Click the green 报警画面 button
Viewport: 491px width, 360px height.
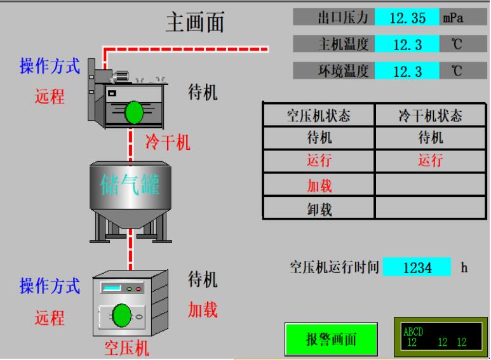[x=331, y=339]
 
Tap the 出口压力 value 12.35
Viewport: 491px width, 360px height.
[x=407, y=18]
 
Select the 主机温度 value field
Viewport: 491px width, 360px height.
[x=407, y=44]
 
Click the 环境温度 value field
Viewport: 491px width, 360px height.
[x=407, y=71]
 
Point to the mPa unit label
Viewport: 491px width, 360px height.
[x=453, y=18]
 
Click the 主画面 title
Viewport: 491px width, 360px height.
[x=195, y=22]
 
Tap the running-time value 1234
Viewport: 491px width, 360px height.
[x=417, y=267]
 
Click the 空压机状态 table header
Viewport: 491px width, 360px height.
[x=319, y=116]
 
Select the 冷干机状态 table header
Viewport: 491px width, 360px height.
[x=430, y=116]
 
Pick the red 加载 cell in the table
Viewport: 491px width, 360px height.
[x=319, y=185]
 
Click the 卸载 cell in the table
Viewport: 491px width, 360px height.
[x=319, y=209]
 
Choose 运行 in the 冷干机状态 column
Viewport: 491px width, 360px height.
[x=431, y=161]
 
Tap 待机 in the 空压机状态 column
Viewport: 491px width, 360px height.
[x=319, y=137]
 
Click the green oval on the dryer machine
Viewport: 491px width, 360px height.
[x=134, y=112]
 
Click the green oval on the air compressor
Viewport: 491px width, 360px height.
[x=121, y=316]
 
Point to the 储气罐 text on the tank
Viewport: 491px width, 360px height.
[x=130, y=185]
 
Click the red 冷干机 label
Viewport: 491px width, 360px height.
[x=168, y=142]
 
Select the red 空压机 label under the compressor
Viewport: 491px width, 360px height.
[x=126, y=348]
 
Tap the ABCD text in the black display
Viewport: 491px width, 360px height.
[x=413, y=332]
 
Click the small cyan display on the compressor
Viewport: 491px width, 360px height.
[x=112, y=288]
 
